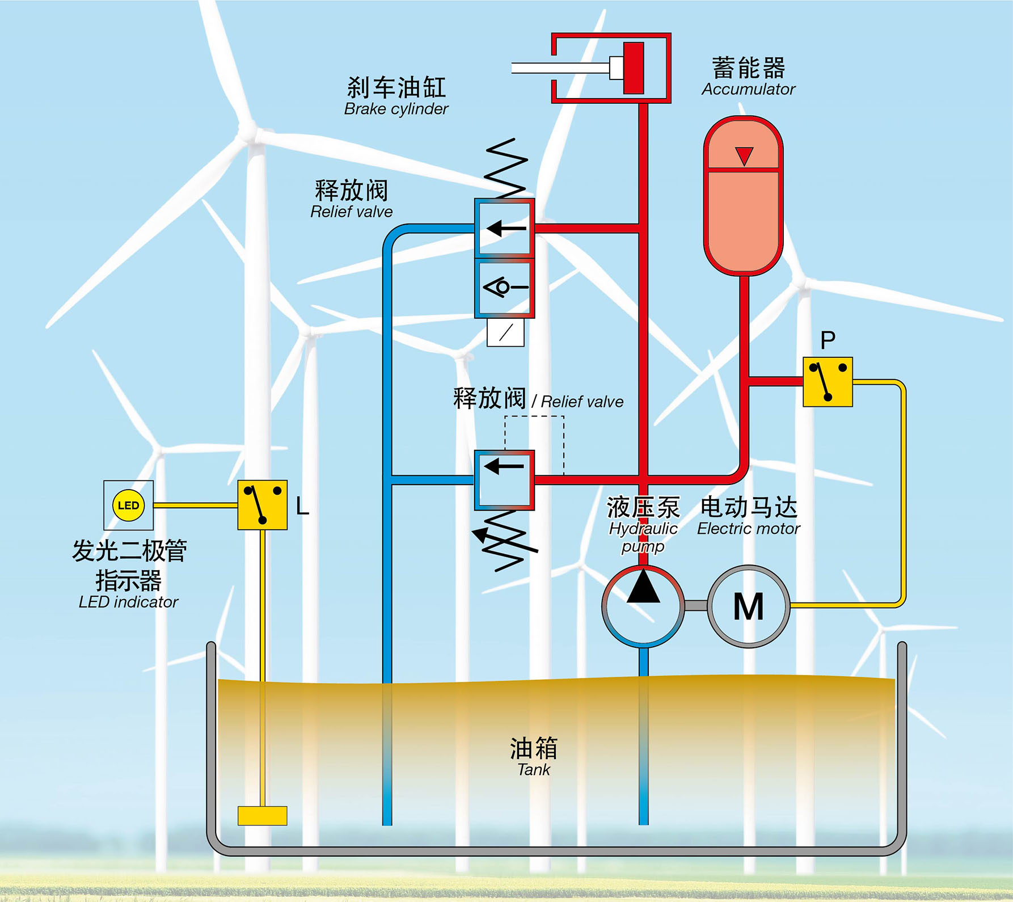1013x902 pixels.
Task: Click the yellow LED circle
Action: pyautogui.click(x=128, y=505)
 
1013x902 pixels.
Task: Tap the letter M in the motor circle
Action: pyautogui.click(x=748, y=606)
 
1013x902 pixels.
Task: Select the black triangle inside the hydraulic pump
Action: pyautogui.click(x=643, y=587)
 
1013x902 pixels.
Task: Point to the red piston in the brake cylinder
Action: pyautogui.click(x=634, y=68)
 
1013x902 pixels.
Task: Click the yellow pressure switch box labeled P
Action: pyautogui.click(x=828, y=382)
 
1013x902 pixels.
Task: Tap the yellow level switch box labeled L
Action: pyautogui.click(x=262, y=505)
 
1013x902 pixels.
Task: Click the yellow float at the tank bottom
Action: pyautogui.click(x=262, y=815)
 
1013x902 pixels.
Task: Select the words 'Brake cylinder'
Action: pyautogui.click(x=396, y=109)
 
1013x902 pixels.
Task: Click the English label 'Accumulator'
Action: pyautogui.click(x=748, y=90)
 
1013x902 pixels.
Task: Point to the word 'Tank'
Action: pyautogui.click(x=533, y=770)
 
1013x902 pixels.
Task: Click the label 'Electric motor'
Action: pyautogui.click(x=748, y=529)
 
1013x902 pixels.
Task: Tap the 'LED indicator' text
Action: pyautogui.click(x=128, y=602)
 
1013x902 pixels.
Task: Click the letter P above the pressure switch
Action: pyautogui.click(x=828, y=340)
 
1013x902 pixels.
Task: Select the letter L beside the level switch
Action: pyautogui.click(x=302, y=506)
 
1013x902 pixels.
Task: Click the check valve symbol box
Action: pyautogui.click(x=504, y=288)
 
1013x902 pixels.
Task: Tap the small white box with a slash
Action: pyautogui.click(x=505, y=332)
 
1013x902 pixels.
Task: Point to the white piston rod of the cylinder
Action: pyautogui.click(x=562, y=68)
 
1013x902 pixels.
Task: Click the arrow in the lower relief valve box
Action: pyautogui.click(x=504, y=467)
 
